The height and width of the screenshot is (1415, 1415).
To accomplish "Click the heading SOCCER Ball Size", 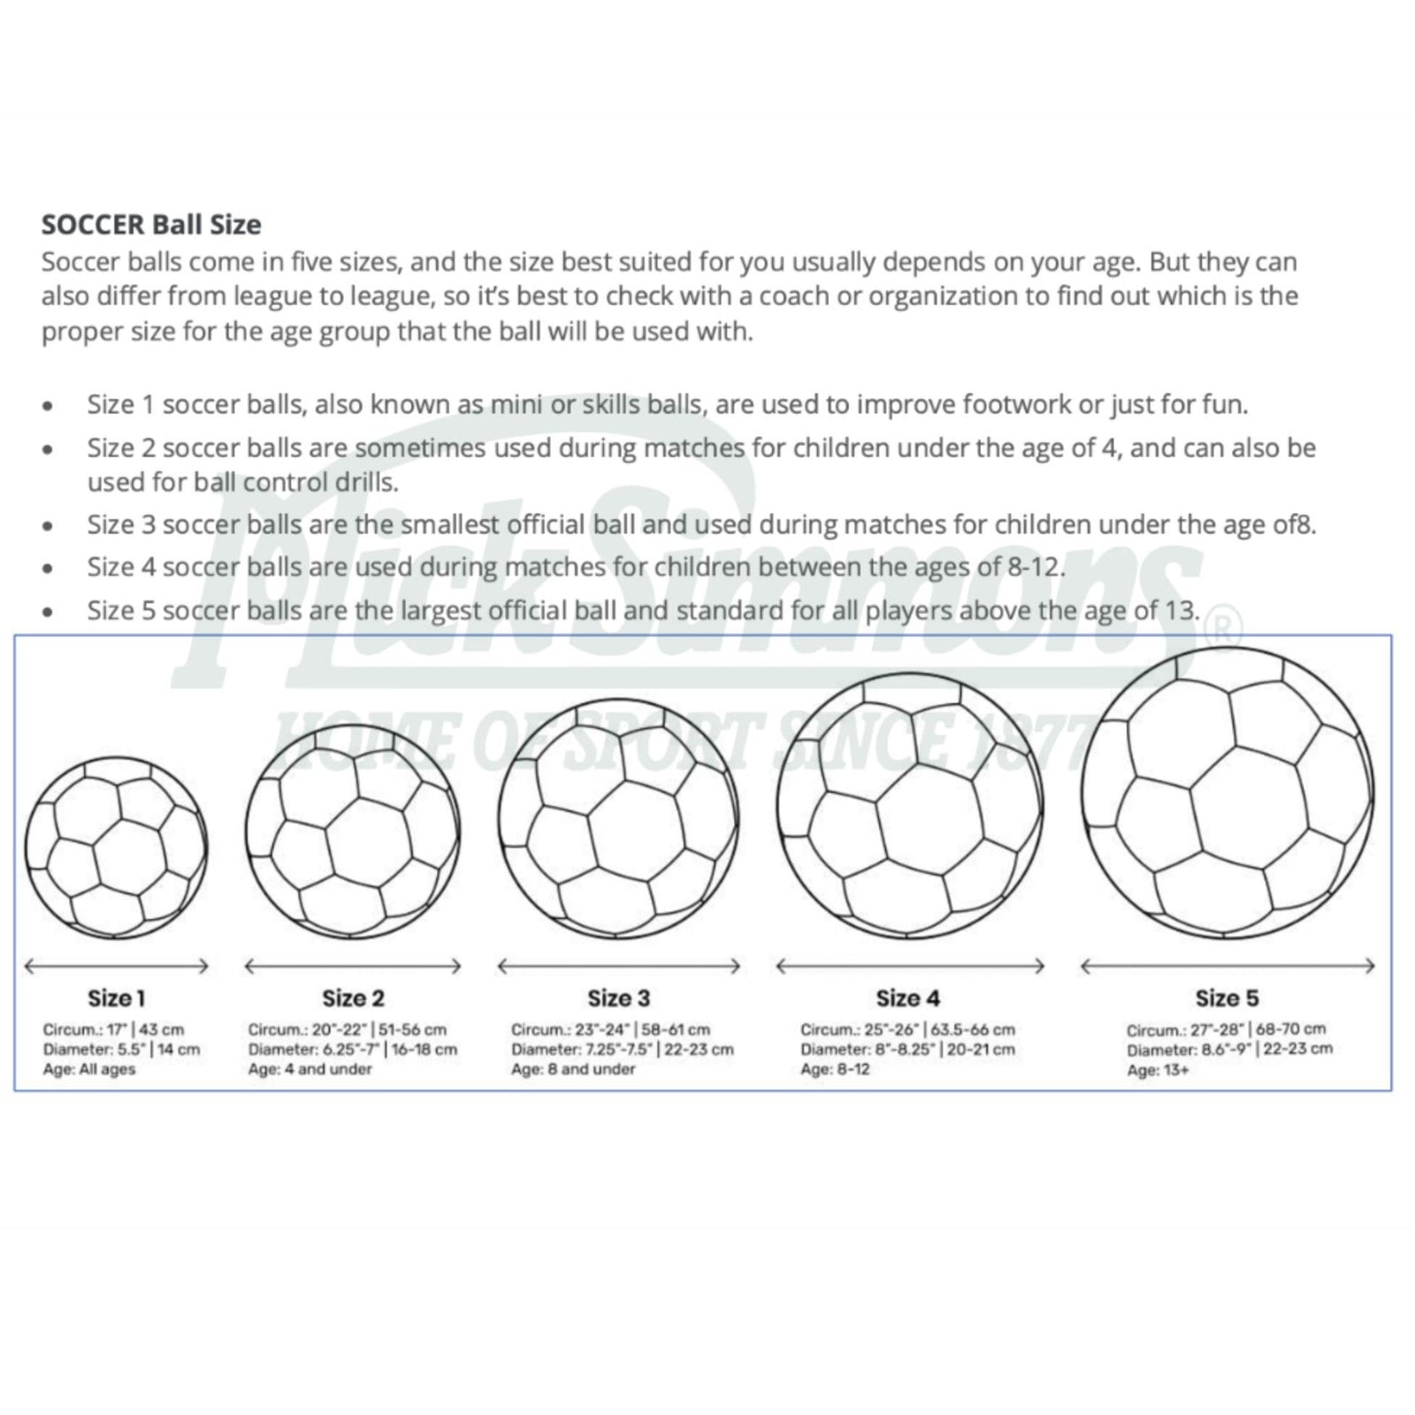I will click(x=151, y=225).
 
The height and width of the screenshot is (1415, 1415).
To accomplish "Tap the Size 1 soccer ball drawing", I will click(x=116, y=847).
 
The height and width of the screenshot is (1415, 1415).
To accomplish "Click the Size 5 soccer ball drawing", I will click(x=1228, y=793).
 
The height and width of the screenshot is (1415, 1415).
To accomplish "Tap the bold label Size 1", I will click(x=116, y=998).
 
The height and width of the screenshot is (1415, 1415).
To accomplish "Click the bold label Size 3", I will click(x=618, y=998).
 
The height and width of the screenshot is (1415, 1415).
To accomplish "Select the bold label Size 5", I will click(x=1227, y=998).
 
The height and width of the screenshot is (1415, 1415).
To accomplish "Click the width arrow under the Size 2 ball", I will click(x=353, y=966).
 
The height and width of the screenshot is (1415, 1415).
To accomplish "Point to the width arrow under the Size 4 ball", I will click(x=910, y=966).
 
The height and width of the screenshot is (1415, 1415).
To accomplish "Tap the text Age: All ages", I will click(x=89, y=1069).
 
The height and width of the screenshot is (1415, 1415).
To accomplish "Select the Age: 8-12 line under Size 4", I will click(x=835, y=1069).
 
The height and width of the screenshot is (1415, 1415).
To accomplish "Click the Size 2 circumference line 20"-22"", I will click(x=347, y=1029).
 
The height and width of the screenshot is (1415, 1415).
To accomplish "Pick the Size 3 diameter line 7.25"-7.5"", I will click(x=622, y=1050).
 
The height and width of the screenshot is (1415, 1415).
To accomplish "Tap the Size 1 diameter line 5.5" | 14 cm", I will click(x=121, y=1050).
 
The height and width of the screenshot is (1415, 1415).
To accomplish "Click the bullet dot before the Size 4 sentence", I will click(x=48, y=569).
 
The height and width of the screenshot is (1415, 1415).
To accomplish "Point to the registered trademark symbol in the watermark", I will click(x=1228, y=629).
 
